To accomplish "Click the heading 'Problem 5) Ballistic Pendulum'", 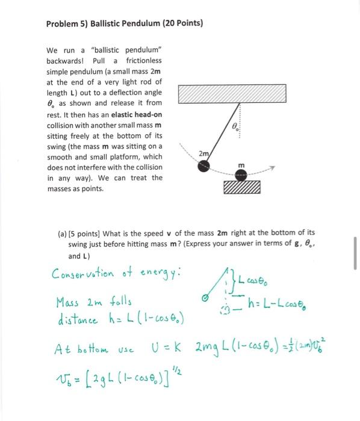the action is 125,23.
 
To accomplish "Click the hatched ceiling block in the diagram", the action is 232,94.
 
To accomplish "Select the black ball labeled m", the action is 241,174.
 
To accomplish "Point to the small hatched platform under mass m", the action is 241,189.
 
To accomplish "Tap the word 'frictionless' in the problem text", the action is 143,61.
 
